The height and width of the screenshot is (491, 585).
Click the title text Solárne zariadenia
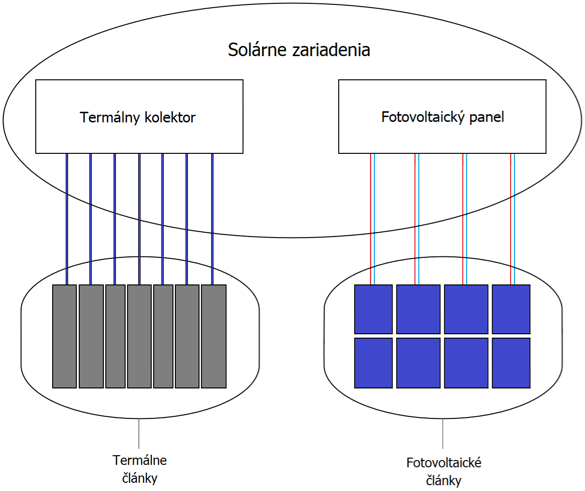[x=299, y=50]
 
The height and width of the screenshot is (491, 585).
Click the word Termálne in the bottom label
[x=140, y=460]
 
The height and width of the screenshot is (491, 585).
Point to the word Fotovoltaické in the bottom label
[x=443, y=463]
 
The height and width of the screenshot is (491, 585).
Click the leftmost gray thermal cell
[x=64, y=336]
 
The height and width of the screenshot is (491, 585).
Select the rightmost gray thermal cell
[x=214, y=336]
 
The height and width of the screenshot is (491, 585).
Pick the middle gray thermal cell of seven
[x=139, y=336]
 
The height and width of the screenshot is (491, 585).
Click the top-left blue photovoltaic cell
[x=373, y=309]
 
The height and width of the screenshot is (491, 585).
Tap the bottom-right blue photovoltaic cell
[x=511, y=363]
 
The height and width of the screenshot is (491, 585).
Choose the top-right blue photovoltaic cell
[x=511, y=309]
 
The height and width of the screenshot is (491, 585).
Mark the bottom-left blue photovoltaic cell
[x=373, y=363]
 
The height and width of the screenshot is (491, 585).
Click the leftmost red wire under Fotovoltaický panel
[x=371, y=218]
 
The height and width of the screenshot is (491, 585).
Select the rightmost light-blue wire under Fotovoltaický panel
[x=514, y=218]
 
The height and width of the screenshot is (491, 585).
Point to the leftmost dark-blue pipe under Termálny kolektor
[x=67, y=218]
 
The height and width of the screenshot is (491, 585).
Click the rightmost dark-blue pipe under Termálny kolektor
[x=212, y=218]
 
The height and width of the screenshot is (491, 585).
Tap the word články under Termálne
[x=140, y=478]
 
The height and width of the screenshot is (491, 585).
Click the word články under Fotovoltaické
[x=443, y=481]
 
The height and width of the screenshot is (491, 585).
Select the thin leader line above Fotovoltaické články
[x=443, y=434]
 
